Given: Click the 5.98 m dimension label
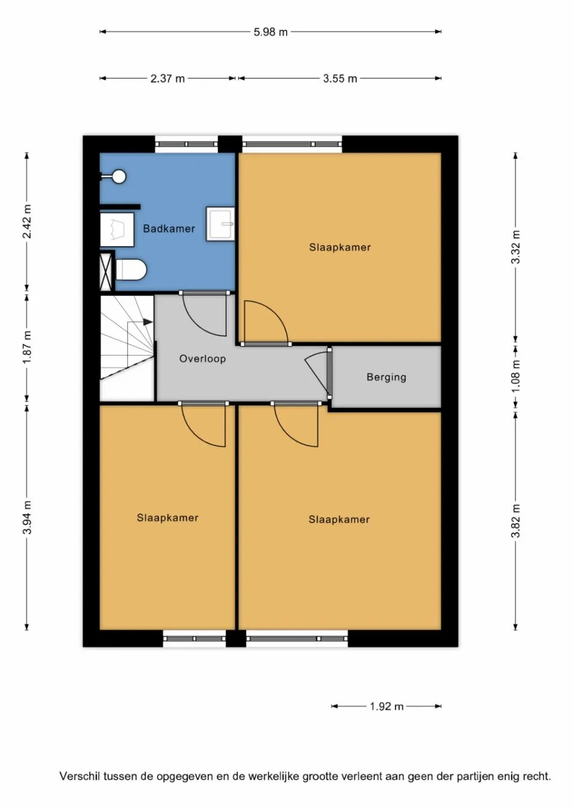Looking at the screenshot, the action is (270, 32).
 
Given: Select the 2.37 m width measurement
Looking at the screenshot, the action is (168, 79).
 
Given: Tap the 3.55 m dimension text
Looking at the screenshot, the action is (340, 79).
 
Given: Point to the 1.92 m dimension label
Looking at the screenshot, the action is (386, 706).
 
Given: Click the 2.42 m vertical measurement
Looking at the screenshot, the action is (27, 221).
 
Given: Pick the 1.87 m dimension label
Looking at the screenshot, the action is (27, 347).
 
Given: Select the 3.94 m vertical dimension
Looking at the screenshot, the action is (27, 517).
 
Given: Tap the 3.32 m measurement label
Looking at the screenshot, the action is (516, 247).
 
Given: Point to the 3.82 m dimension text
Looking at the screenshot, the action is (516, 521).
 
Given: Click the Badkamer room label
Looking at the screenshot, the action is (169, 228).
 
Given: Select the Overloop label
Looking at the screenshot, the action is (202, 358).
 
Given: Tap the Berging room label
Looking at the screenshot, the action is (386, 377).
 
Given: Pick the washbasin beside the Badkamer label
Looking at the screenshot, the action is (220, 224).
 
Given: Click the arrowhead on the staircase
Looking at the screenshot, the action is (148, 321).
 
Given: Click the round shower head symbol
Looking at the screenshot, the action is (119, 177).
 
